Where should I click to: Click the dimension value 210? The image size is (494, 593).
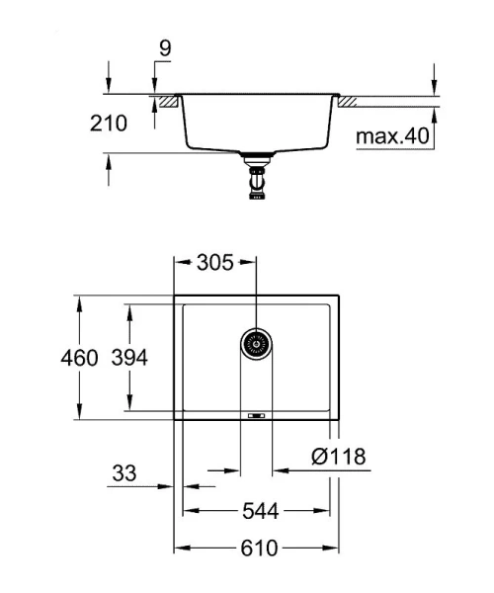(x=109, y=125)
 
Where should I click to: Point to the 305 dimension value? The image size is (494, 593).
(x=214, y=263)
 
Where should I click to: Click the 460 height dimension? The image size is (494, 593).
(x=80, y=358)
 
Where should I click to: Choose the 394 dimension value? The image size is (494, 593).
(x=128, y=358)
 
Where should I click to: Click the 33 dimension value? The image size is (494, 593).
(x=123, y=473)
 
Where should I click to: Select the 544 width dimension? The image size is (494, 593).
(x=258, y=511)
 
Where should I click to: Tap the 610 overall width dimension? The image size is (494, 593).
(x=258, y=549)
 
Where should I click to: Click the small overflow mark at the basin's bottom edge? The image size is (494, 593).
(x=257, y=416)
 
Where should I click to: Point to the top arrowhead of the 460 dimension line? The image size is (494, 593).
(x=80, y=299)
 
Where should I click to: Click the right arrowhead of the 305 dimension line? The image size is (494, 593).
(x=251, y=263)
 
